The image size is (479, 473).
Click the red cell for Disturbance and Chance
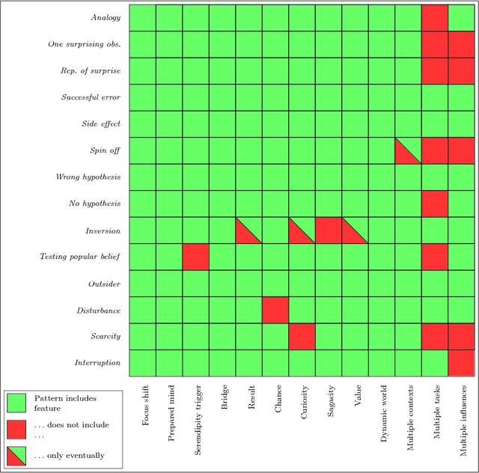click(x=275, y=310)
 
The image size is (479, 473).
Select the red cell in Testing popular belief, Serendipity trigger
click(x=195, y=257)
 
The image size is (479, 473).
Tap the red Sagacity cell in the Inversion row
click(x=329, y=231)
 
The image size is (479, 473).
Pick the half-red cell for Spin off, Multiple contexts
click(x=408, y=150)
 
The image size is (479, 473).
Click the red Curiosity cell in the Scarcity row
click(x=302, y=336)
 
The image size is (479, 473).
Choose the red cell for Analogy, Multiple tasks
click(x=435, y=18)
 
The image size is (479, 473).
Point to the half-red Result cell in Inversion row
click(x=248, y=231)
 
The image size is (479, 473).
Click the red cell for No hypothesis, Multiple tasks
click(x=435, y=204)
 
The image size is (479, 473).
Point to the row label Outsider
click(x=105, y=284)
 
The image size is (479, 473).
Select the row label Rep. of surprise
click(x=90, y=71)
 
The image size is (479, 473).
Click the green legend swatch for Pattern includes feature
click(x=16, y=403)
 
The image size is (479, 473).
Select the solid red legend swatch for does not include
click(x=16, y=428)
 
